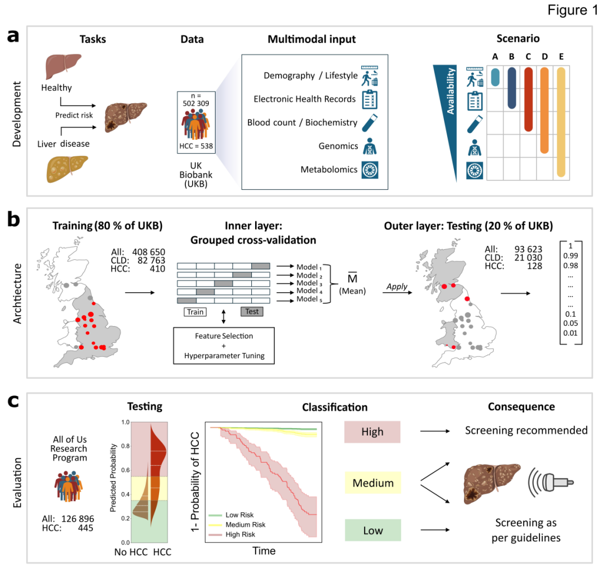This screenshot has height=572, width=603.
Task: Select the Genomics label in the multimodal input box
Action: click(x=337, y=146)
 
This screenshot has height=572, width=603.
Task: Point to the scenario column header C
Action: click(x=528, y=57)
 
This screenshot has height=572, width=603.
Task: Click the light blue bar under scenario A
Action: click(x=495, y=78)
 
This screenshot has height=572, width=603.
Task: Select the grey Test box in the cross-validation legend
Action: click(x=252, y=311)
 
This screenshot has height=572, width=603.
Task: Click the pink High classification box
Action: click(x=372, y=432)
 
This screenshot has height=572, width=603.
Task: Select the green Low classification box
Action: click(x=372, y=531)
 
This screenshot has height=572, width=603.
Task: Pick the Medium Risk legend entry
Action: click(x=245, y=525)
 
